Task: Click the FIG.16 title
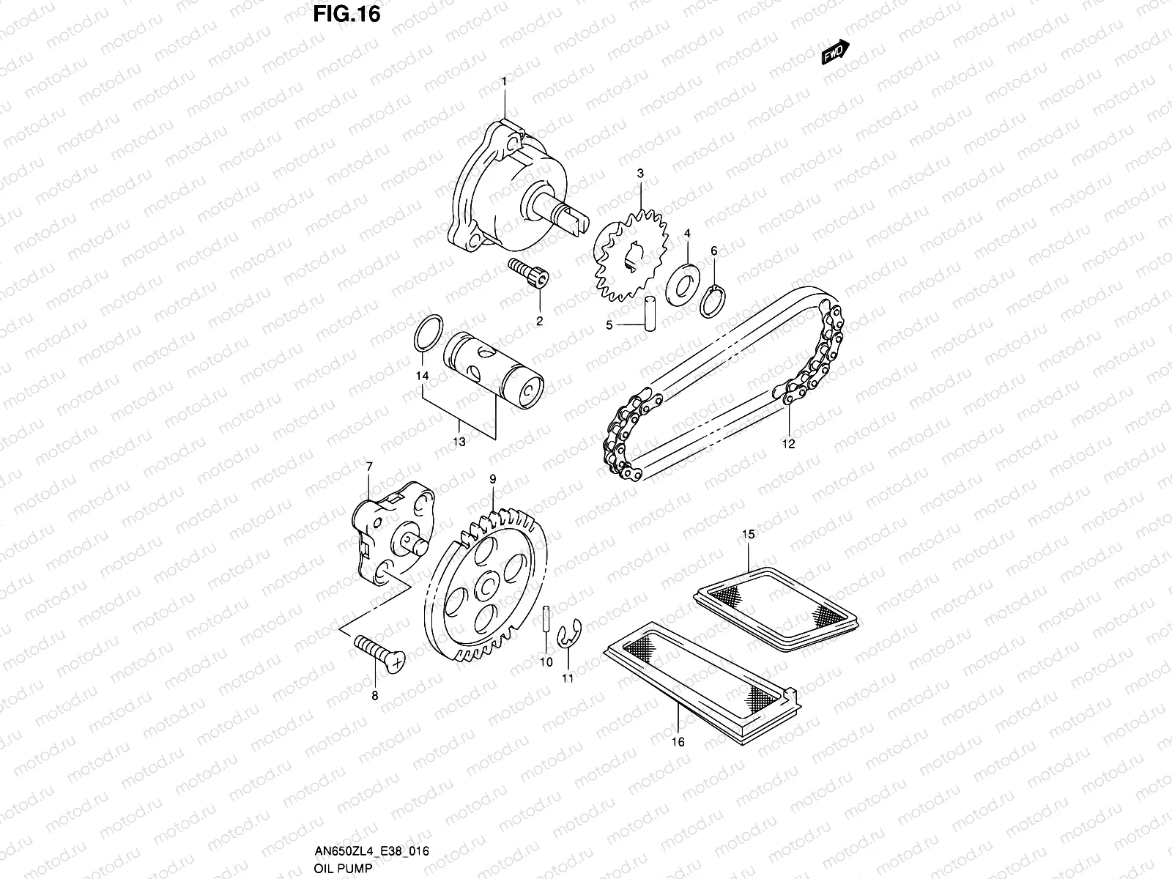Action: [x=346, y=15]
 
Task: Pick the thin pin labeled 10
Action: [x=546, y=626]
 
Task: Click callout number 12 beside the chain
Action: [x=788, y=443]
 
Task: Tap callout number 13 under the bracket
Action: [x=459, y=442]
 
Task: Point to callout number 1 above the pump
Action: [x=504, y=81]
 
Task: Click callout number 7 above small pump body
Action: [x=369, y=466]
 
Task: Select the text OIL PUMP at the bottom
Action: [x=344, y=868]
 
